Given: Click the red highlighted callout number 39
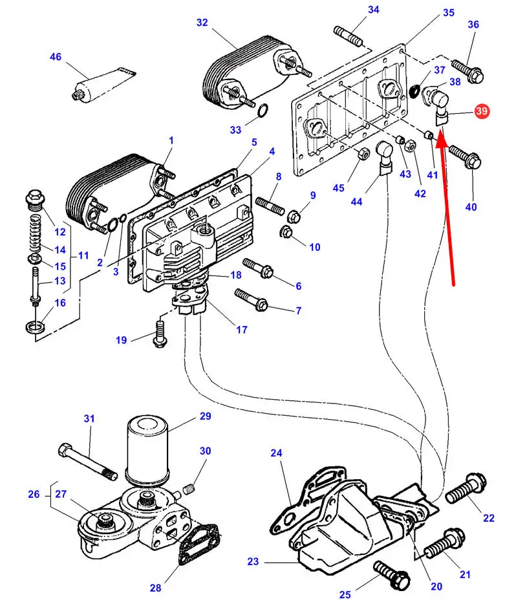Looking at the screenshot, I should [x=481, y=111].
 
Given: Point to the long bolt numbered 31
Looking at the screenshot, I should [x=88, y=462].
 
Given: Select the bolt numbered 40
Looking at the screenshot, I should [x=463, y=156].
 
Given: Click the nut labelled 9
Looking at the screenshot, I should [x=292, y=215].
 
